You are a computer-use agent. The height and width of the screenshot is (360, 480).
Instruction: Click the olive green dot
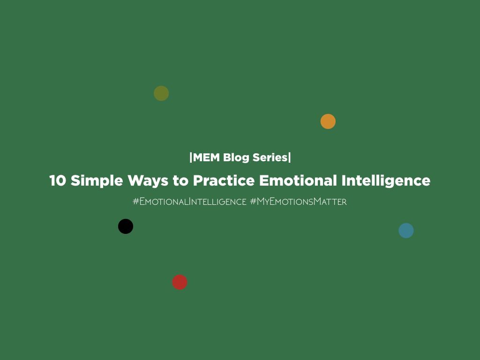pos(161,93)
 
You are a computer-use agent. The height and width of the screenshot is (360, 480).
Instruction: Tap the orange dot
pos(328,121)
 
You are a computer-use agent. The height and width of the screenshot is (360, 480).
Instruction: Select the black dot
pos(126,226)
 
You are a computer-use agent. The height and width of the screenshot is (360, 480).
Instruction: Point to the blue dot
pos(406,231)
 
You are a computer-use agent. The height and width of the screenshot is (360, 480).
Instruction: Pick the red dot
pos(180,282)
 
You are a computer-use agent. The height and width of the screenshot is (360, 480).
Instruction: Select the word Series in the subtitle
pos(270,157)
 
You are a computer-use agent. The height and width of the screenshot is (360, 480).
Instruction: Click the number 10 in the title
pos(58,181)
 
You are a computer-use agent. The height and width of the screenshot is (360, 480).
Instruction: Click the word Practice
pos(224,181)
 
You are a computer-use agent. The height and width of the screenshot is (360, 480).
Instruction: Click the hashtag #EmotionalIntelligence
pos(189,202)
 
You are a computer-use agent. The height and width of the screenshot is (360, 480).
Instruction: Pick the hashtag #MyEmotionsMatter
pos(299,202)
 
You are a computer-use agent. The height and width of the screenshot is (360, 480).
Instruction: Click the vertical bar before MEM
pos(190,157)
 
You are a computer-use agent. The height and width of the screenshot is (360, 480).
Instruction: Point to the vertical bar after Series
pos(290,157)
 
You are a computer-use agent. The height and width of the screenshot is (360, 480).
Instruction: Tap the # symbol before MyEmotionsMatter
pos(253,202)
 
